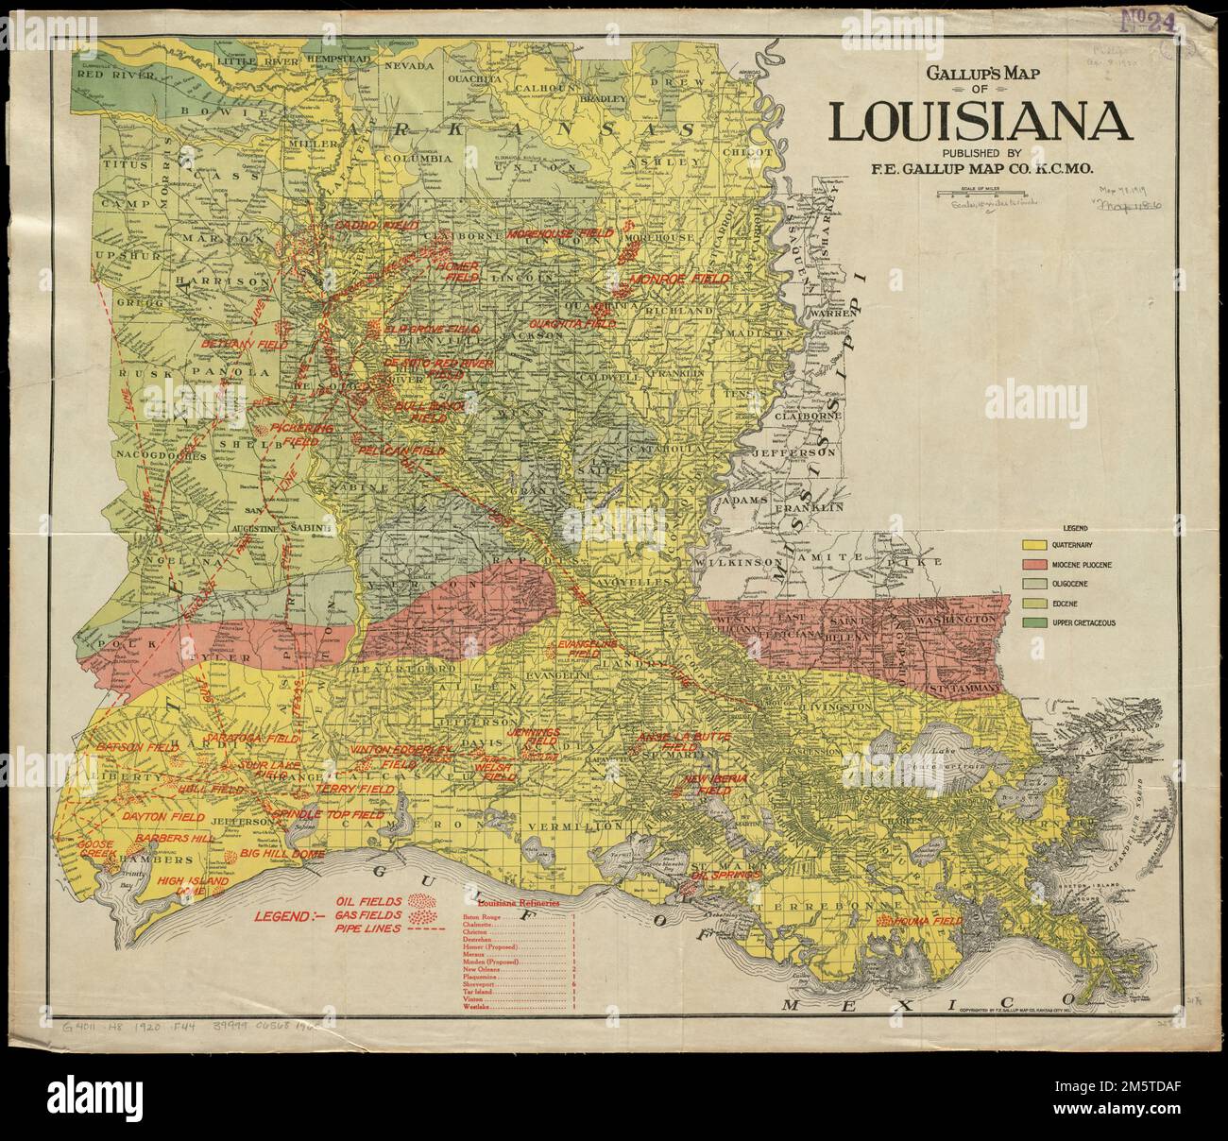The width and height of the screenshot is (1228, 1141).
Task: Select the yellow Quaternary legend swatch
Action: tap(1034, 545)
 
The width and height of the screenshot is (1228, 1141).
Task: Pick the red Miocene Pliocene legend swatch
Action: tap(1034, 565)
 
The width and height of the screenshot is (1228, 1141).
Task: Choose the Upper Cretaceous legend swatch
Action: tap(1034, 623)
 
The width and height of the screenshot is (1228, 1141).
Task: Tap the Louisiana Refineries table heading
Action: tap(517, 903)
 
